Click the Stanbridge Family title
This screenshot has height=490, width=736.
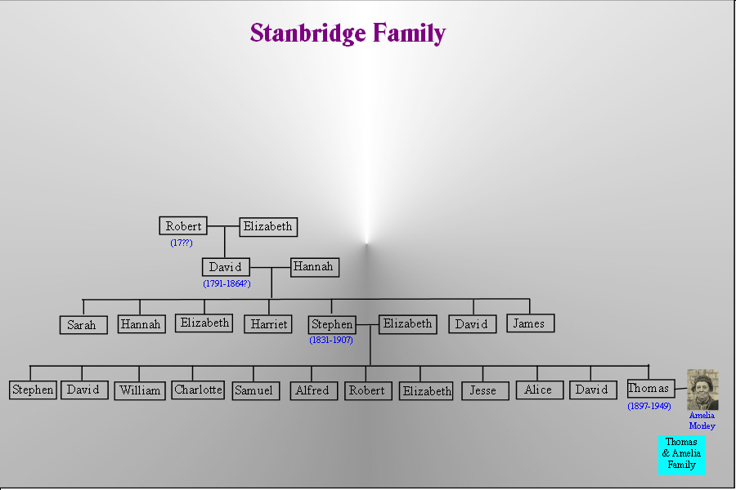tap(348, 33)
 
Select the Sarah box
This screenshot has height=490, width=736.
tap(83, 325)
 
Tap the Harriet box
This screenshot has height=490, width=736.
tap(268, 324)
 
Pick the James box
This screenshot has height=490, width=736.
tap(529, 323)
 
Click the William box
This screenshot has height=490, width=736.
tap(140, 390)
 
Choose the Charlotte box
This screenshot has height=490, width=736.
tap(198, 390)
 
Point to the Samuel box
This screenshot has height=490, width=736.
tap(254, 390)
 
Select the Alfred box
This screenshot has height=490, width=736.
tap(313, 390)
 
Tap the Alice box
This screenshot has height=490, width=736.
tap(539, 390)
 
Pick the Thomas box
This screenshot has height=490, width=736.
tap(649, 389)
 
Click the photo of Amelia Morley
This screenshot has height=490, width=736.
tap(702, 390)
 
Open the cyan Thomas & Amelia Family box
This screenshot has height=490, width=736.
tap(681, 454)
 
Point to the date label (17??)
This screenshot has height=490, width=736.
tap(182, 243)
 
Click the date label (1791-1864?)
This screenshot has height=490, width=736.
tap(227, 283)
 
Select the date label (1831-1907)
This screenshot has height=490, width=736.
tap(331, 340)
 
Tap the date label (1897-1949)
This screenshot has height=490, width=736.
tap(649, 406)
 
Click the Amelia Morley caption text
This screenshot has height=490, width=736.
tap(702, 421)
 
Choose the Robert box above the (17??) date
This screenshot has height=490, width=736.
tap(183, 226)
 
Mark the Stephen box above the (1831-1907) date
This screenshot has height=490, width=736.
tap(332, 324)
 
